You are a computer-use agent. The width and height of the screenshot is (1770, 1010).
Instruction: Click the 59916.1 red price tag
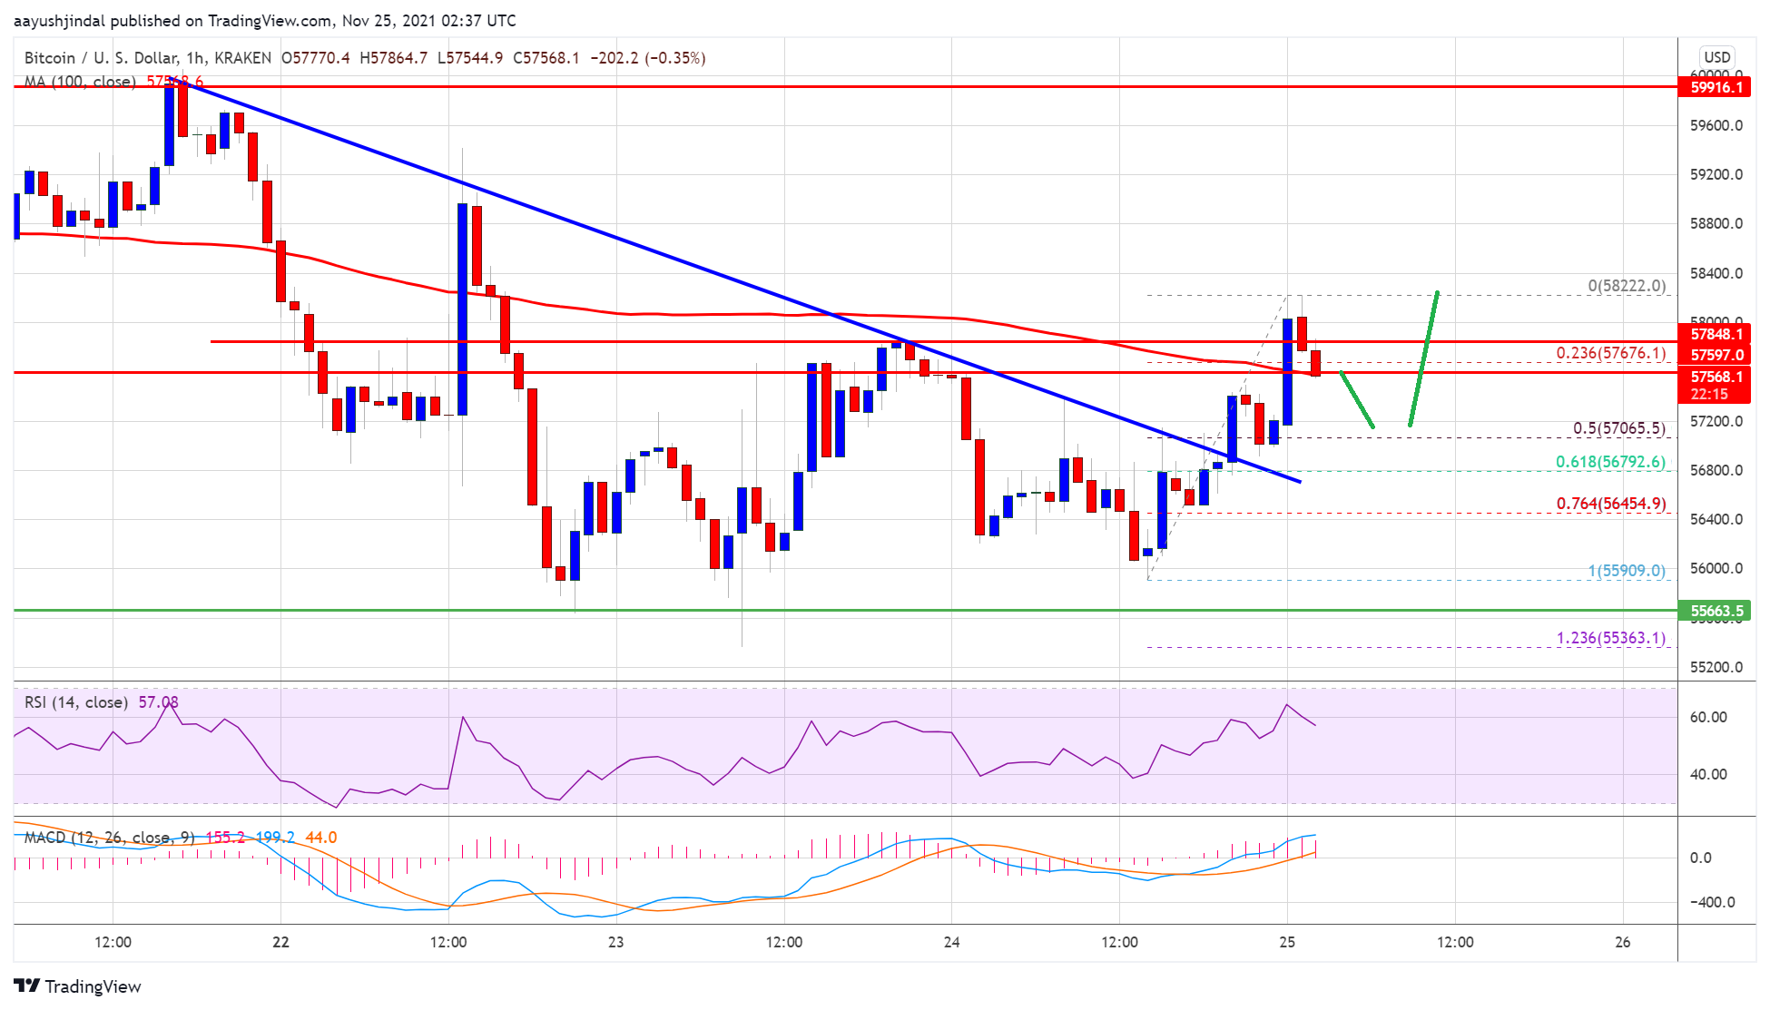click(1716, 87)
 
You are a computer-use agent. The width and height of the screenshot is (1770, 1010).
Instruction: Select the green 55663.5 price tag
click(1716, 611)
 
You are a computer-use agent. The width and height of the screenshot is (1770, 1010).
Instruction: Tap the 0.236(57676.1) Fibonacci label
click(1610, 353)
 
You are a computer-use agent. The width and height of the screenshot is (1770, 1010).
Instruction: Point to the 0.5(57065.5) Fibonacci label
click(1618, 428)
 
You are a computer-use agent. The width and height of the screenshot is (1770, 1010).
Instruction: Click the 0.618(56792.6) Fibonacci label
click(1610, 462)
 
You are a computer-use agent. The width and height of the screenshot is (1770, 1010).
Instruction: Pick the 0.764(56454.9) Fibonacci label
click(1610, 504)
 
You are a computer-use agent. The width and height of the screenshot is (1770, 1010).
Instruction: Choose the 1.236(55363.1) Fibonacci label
click(1610, 638)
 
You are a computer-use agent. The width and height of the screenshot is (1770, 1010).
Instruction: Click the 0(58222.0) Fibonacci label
click(1626, 286)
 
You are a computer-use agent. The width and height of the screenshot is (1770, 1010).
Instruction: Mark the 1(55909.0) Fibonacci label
click(1626, 571)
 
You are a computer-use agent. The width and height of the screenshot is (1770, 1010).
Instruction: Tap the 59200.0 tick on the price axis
click(1716, 174)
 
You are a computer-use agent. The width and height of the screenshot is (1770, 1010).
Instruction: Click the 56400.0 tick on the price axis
click(1716, 519)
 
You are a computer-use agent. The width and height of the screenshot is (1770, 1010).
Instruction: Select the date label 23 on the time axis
click(615, 942)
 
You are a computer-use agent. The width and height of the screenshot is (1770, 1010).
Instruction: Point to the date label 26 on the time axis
click(1622, 942)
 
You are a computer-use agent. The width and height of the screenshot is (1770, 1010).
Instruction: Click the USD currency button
click(1716, 57)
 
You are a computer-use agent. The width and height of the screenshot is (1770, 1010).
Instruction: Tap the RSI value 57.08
click(158, 702)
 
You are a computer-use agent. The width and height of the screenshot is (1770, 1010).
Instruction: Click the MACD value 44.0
click(320, 838)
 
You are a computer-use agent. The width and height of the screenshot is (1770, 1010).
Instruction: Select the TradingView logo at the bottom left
click(78, 986)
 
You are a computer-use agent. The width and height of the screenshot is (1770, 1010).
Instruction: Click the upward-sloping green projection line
click(1423, 358)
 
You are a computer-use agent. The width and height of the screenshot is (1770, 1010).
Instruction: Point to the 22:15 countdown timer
click(1708, 394)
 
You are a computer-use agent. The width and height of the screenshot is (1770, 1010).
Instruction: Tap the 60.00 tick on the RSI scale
click(1707, 717)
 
